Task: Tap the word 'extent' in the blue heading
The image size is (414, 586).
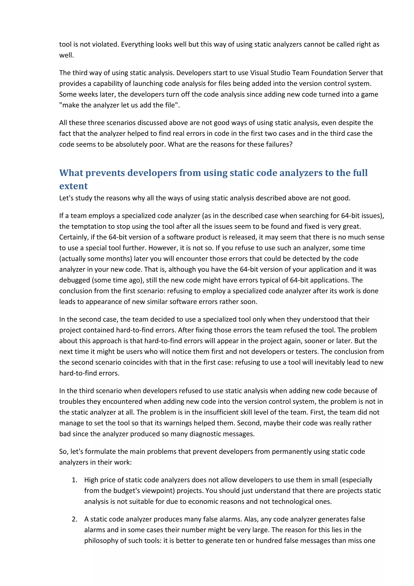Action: [x=73, y=186]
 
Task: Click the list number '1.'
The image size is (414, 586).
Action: [x=74, y=480]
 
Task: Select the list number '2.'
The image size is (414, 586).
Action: [x=74, y=519]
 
